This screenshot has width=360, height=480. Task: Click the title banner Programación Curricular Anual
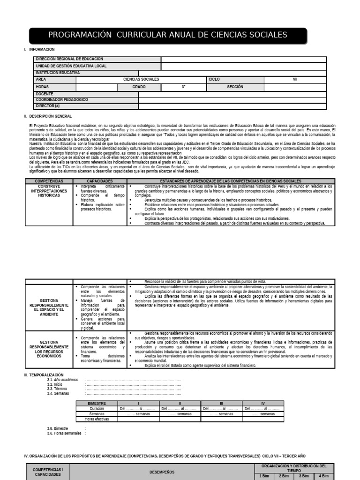tap(168, 36)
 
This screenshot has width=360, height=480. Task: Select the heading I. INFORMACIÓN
tap(42, 49)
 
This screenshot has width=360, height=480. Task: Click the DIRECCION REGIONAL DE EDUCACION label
tap(69, 59)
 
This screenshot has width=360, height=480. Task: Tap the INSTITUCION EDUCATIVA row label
tap(58, 73)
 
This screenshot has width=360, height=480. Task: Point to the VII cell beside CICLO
tap(295, 80)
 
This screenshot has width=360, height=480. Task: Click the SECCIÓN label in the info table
tap(235, 87)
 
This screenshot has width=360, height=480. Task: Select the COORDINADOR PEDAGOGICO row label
tap(62, 100)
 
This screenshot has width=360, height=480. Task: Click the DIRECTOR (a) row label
tap(47, 106)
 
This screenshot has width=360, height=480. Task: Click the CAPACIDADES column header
tap(99, 180)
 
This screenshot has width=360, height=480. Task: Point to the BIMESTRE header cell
tap(97, 403)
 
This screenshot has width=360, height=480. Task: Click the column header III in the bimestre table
tap(221, 403)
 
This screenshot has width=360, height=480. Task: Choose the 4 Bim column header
tap(323, 476)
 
